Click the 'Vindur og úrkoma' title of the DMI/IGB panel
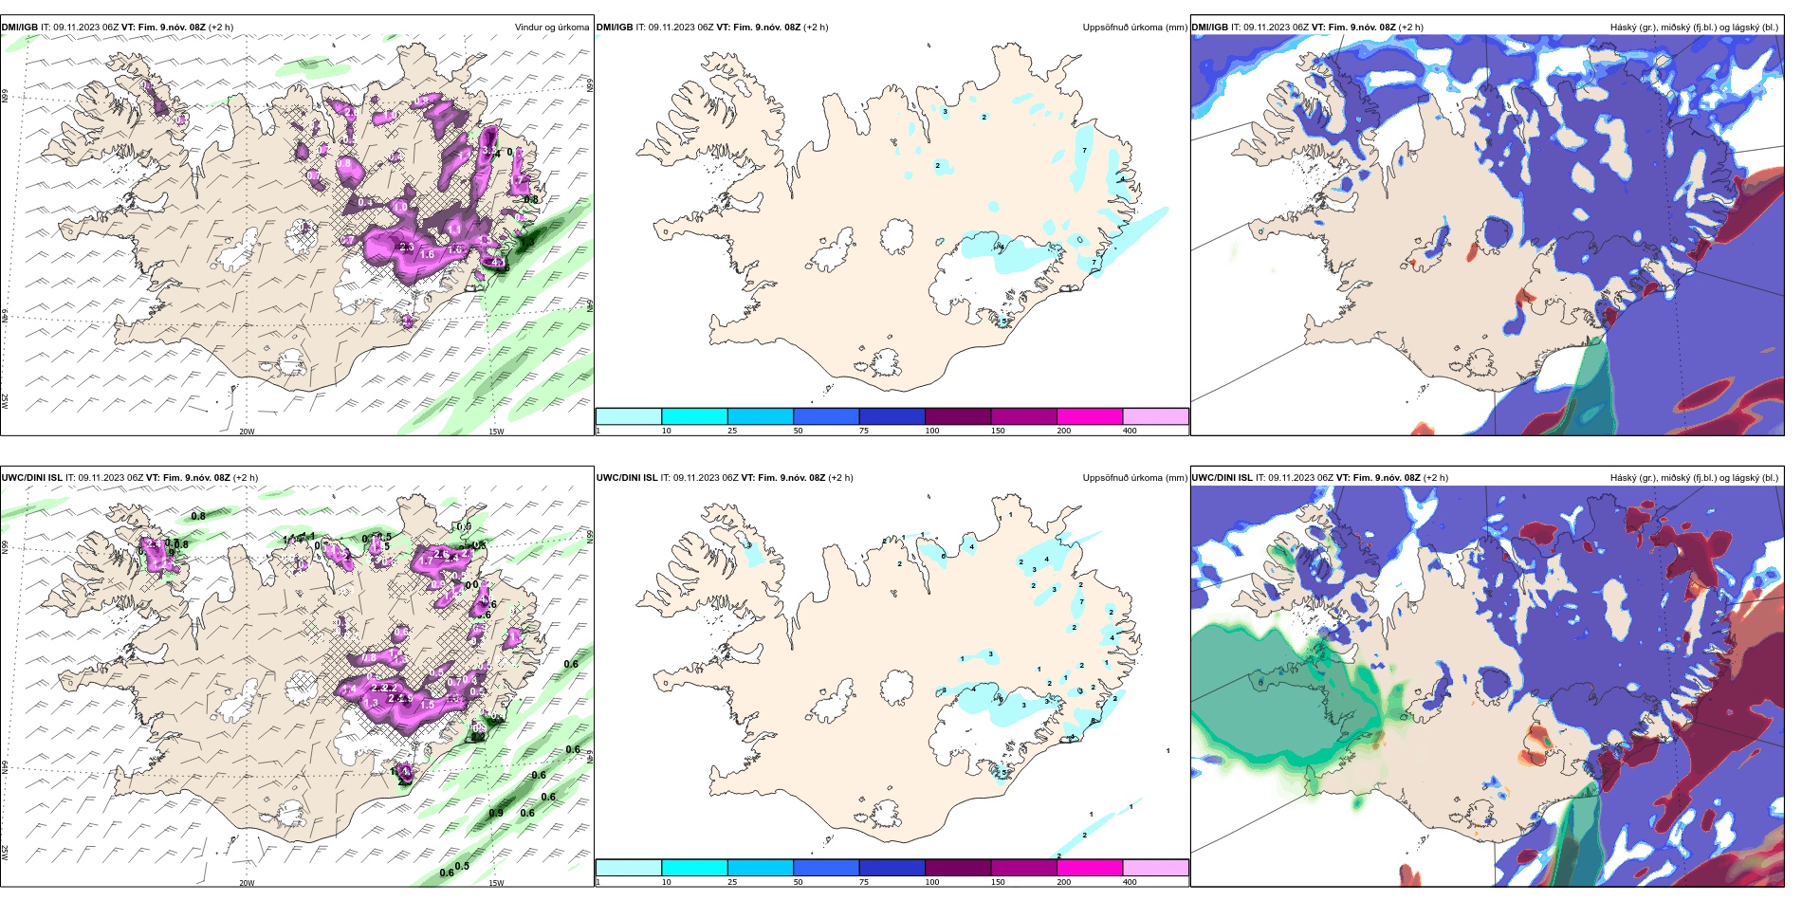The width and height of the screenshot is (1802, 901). click(551, 28)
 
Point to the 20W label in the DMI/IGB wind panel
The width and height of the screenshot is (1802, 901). click(247, 432)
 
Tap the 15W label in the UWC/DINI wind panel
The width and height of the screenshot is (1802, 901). click(496, 883)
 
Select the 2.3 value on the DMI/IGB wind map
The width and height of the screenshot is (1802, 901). click(407, 247)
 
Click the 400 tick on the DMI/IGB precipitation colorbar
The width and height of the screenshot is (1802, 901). click(1130, 431)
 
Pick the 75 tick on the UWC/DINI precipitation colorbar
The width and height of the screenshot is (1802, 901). click(864, 882)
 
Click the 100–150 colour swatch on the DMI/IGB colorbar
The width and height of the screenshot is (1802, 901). click(958, 416)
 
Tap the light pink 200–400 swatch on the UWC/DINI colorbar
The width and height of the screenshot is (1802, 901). click(1155, 868)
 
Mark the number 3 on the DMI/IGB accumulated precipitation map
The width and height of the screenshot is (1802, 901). click(946, 112)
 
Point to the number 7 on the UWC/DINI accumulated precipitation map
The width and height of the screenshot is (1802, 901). click(1081, 602)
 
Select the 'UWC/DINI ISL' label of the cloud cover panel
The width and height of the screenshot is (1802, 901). click(1222, 478)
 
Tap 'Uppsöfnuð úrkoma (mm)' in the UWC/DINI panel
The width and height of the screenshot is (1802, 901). click(1134, 478)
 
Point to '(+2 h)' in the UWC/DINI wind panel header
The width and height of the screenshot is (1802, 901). click(246, 478)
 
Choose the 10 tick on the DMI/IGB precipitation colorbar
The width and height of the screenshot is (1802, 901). click(667, 431)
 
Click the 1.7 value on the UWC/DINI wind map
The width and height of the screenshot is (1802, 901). click(427, 561)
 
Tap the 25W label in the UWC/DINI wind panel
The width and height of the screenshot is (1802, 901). click(6, 853)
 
